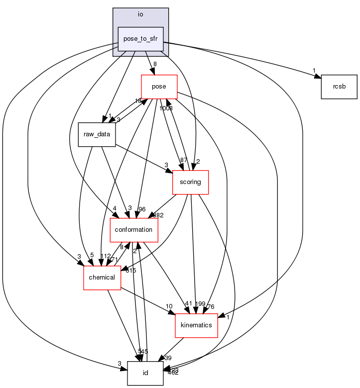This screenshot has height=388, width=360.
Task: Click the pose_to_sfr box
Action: pyautogui.click(x=140, y=39)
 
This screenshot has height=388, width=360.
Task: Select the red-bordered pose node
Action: pyautogui.click(x=159, y=87)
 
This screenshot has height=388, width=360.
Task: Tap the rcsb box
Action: pyautogui.click(x=339, y=87)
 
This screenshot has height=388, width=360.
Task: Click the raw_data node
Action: pyautogui.click(x=97, y=134)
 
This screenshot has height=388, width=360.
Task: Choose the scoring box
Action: pyautogui.click(x=190, y=182)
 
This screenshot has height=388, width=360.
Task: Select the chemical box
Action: pyautogui.click(x=102, y=278)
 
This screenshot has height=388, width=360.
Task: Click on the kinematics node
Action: pyautogui.click(x=196, y=325)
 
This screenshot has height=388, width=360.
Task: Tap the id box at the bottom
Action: pyautogui.click(x=145, y=373)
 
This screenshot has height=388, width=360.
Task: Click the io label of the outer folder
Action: pyautogui.click(x=140, y=14)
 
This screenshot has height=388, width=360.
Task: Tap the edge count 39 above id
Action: pyautogui.click(x=168, y=358)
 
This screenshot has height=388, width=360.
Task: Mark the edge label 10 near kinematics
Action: pyautogui.click(x=169, y=306)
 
